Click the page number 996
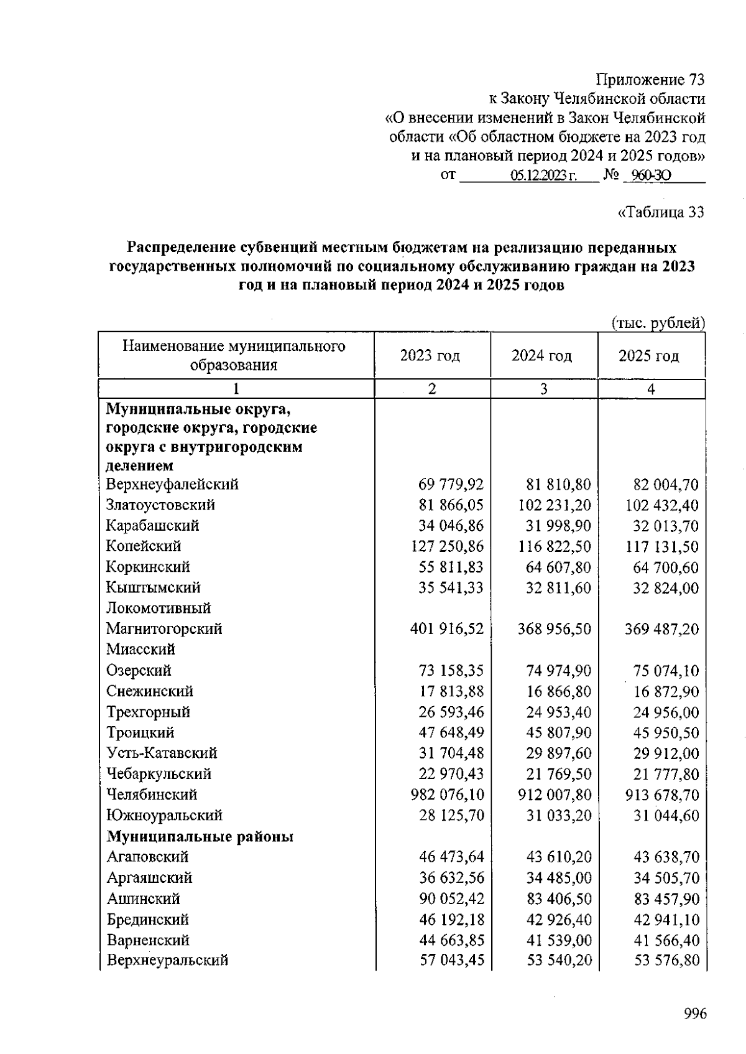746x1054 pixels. [695, 1015]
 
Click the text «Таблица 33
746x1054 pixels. [661, 213]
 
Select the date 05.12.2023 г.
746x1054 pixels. [544, 176]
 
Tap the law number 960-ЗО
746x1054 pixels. [650, 176]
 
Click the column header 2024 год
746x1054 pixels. [542, 356]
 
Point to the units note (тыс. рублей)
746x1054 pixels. [658, 323]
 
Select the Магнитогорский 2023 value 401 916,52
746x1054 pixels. [446, 629]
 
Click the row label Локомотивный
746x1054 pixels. [159, 608]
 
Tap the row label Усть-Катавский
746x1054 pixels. [162, 753]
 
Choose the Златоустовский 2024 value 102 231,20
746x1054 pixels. [554, 505]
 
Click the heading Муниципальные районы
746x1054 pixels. [200, 836]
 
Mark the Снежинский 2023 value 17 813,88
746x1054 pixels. [451, 691]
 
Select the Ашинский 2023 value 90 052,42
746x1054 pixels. [451, 898]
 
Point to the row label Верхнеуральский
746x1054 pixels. [167, 960]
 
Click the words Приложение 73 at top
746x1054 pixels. [650, 80]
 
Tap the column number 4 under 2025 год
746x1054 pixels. [651, 389]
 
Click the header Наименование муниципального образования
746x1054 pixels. [234, 355]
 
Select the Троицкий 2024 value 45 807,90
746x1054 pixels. [558, 733]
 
